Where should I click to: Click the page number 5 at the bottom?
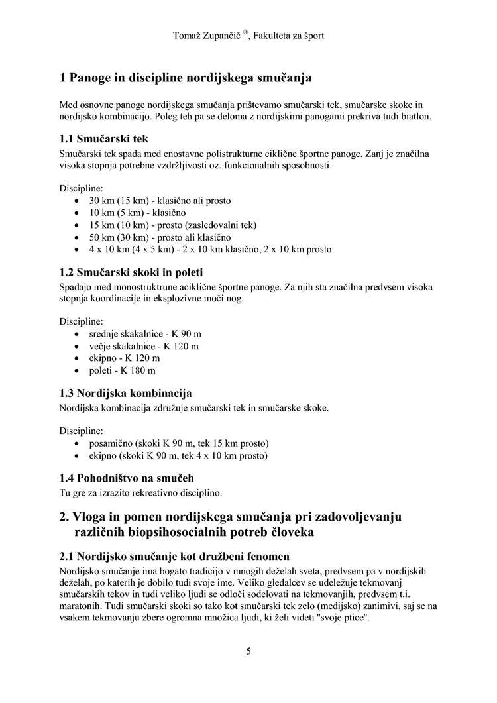[248, 651]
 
